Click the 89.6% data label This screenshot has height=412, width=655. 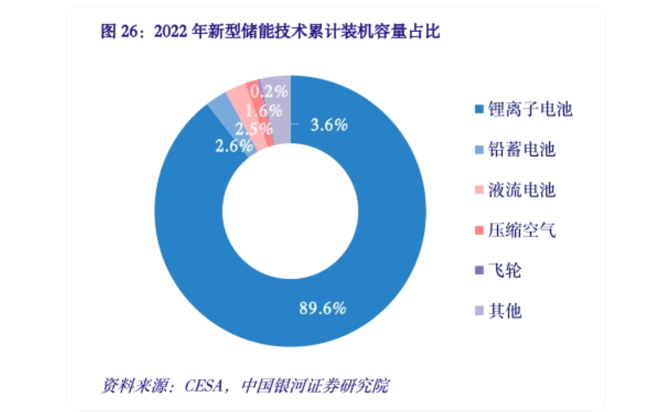[x=322, y=308]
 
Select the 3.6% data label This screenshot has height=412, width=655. [x=329, y=125]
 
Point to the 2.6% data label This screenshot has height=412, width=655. [x=233, y=147]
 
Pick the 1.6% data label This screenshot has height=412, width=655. [x=264, y=111]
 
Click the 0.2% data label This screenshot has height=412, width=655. [x=269, y=92]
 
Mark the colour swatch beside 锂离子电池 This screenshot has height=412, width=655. [x=479, y=110]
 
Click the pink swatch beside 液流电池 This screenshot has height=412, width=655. [x=479, y=191]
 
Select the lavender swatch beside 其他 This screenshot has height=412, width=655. [x=479, y=311]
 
